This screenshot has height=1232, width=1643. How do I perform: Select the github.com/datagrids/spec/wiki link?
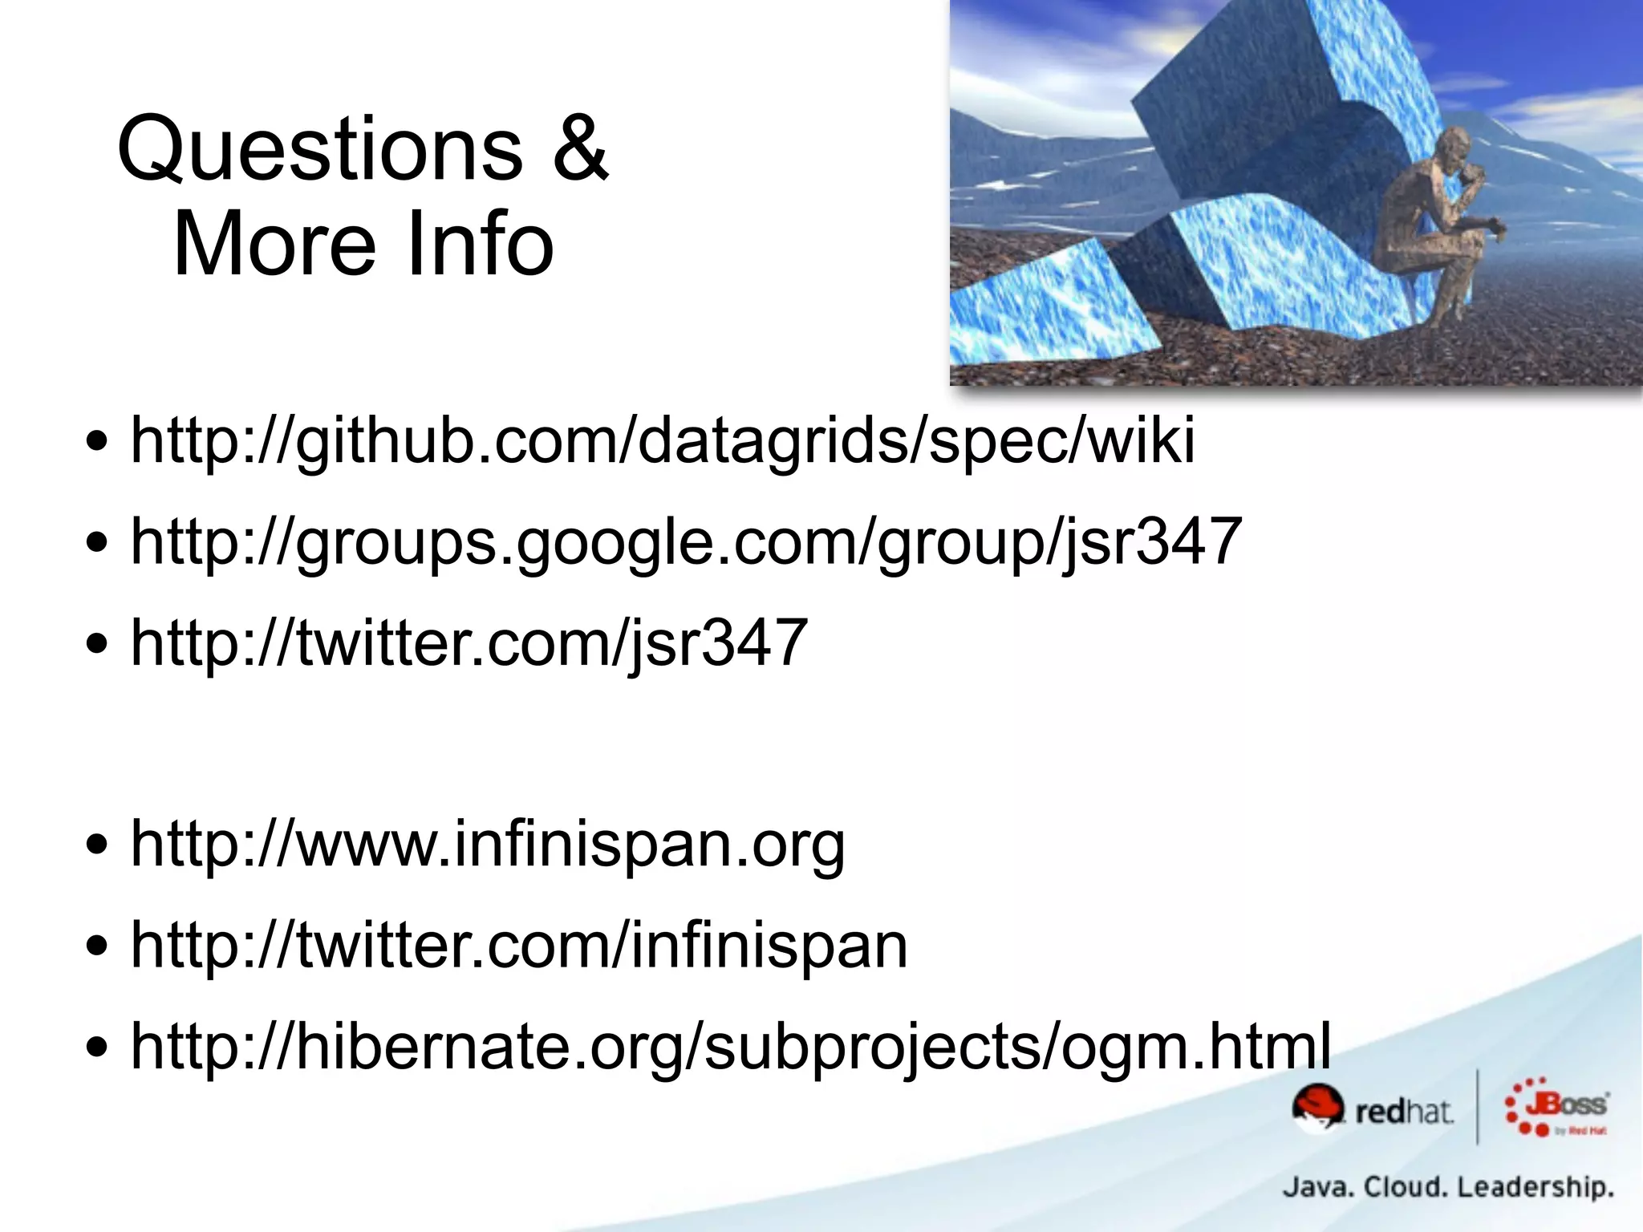663,441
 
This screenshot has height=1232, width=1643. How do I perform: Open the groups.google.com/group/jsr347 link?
686,542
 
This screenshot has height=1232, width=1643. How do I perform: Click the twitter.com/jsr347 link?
469,642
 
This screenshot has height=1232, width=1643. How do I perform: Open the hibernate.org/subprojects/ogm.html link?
730,1046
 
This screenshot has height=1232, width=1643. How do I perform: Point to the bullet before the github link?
97,442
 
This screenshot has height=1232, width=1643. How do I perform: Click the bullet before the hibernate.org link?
97,1047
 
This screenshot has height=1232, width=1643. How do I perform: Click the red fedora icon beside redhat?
1316,1107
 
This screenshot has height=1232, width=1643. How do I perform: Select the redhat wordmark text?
1403,1112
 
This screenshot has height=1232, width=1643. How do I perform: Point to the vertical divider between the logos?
1478,1107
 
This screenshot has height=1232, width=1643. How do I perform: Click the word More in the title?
274,244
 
